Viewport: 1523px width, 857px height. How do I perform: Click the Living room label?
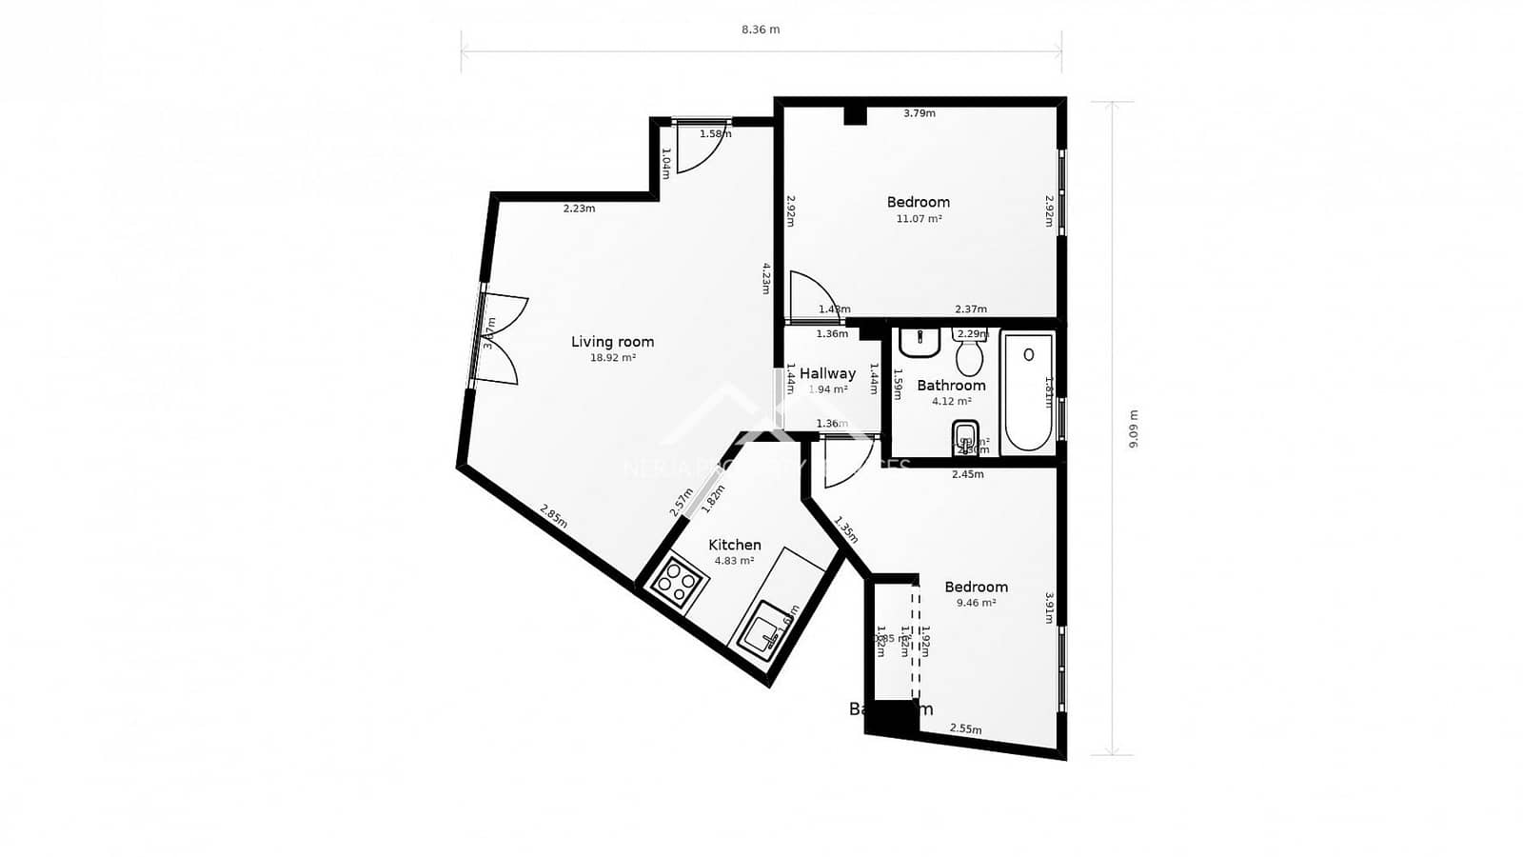[612, 342]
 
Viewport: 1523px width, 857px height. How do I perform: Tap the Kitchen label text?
[734, 545]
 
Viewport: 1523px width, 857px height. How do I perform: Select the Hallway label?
[827, 373]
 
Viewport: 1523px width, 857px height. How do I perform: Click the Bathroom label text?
[951, 386]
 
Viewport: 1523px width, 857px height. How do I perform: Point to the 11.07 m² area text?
[919, 219]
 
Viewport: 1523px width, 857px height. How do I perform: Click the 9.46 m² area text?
[976, 603]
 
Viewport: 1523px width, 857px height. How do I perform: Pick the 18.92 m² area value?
[612, 359]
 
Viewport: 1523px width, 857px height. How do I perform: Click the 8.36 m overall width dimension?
[761, 30]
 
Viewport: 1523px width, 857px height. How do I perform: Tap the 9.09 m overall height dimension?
[1133, 428]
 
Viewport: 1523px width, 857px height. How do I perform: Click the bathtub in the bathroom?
[1028, 390]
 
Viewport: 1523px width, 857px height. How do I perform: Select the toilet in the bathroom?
[970, 355]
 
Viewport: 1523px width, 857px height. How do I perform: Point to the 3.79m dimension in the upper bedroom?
[919, 113]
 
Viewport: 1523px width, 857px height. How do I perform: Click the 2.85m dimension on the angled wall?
[553, 516]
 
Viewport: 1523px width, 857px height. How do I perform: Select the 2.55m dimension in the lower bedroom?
[965, 729]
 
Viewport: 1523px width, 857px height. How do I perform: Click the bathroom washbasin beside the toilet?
[920, 342]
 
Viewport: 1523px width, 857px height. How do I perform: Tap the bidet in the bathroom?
[965, 439]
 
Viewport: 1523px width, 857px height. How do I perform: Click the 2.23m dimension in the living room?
[579, 209]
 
